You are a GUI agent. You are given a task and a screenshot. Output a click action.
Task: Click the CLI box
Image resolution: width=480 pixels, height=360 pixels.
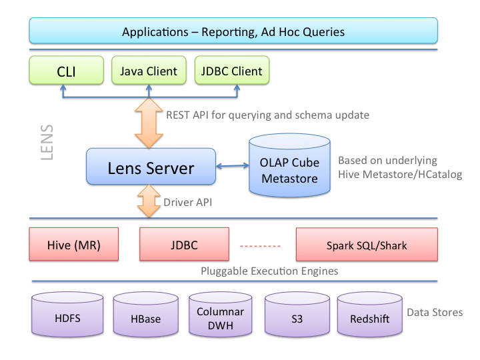(67, 70)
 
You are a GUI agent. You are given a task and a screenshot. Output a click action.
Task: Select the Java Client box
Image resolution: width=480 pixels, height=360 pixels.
(149, 70)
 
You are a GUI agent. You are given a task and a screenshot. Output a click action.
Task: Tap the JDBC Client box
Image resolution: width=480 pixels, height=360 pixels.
(232, 70)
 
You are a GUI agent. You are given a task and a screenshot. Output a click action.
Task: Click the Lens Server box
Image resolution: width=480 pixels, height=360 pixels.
(151, 167)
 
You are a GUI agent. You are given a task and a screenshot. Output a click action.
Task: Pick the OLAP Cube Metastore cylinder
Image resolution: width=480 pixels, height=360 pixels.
(289, 165)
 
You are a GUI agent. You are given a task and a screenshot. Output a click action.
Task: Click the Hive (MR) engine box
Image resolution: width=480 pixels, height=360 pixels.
(74, 244)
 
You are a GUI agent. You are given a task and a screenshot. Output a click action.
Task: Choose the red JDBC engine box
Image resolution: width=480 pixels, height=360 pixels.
(184, 244)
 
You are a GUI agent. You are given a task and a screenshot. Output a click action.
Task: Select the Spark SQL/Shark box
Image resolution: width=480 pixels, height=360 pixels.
(367, 245)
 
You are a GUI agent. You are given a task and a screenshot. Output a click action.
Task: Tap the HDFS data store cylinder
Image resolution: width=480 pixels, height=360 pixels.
(67, 315)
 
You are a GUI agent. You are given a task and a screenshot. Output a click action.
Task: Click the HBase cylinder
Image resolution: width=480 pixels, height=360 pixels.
(146, 315)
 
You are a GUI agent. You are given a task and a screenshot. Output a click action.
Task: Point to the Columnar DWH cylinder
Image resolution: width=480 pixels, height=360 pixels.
(221, 315)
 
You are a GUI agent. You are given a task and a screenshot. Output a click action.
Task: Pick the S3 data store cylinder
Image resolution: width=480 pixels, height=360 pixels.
(297, 315)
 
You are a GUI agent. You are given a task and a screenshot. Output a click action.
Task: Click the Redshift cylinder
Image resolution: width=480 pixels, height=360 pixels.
(370, 315)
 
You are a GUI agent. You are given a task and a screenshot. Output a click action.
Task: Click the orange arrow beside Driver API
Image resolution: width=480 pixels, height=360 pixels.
(149, 201)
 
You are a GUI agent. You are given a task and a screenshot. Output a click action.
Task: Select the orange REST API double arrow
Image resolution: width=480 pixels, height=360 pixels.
(149, 123)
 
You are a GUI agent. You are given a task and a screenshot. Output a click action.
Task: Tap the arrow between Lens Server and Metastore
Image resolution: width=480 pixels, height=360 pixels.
(233, 166)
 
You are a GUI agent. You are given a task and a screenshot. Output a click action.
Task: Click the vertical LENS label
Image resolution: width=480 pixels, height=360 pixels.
(47, 143)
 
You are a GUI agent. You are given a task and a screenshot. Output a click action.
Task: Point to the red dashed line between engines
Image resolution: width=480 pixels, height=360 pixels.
(260, 246)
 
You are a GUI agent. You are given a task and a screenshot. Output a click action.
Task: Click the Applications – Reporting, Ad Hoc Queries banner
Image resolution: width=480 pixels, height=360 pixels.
(233, 31)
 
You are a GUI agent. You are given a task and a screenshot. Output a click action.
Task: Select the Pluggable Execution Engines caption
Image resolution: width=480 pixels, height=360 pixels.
(269, 271)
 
